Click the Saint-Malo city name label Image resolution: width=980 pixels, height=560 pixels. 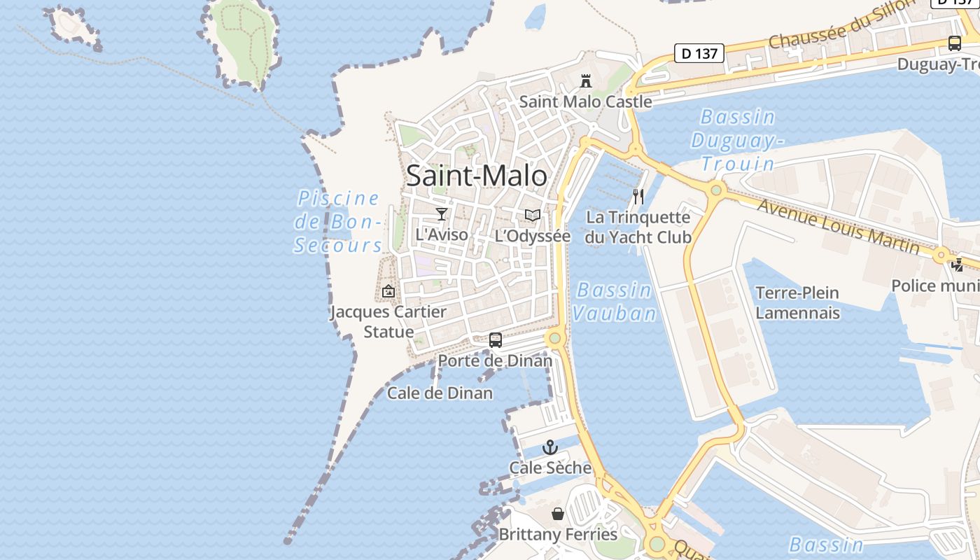coord(476,175)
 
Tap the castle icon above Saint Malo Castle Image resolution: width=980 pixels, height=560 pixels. coord(586,80)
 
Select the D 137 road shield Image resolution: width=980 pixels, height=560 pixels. coord(699,53)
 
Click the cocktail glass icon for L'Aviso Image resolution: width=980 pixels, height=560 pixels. coord(442,213)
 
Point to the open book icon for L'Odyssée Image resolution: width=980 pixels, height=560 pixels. coord(533,215)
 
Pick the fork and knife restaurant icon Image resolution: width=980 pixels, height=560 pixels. coord(638,196)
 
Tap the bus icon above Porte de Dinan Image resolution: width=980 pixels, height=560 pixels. coord(496,340)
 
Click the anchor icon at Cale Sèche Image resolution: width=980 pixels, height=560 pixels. coord(551,447)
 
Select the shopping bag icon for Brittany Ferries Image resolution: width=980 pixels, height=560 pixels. coord(558,514)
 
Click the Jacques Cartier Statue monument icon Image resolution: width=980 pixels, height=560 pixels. coord(388,291)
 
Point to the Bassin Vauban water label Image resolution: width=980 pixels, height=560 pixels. coord(615,302)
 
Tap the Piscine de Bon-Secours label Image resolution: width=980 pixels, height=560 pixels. coord(339,222)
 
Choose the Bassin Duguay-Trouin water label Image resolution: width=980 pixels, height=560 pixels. coord(737,140)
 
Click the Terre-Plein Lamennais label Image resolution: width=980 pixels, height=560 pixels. coord(797,302)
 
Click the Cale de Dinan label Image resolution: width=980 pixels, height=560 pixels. coord(440,393)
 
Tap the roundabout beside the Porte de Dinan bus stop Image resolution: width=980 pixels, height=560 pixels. coord(555,339)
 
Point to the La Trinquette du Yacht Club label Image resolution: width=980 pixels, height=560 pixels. coord(638,227)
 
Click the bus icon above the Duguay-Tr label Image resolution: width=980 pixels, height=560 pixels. coord(955,43)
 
